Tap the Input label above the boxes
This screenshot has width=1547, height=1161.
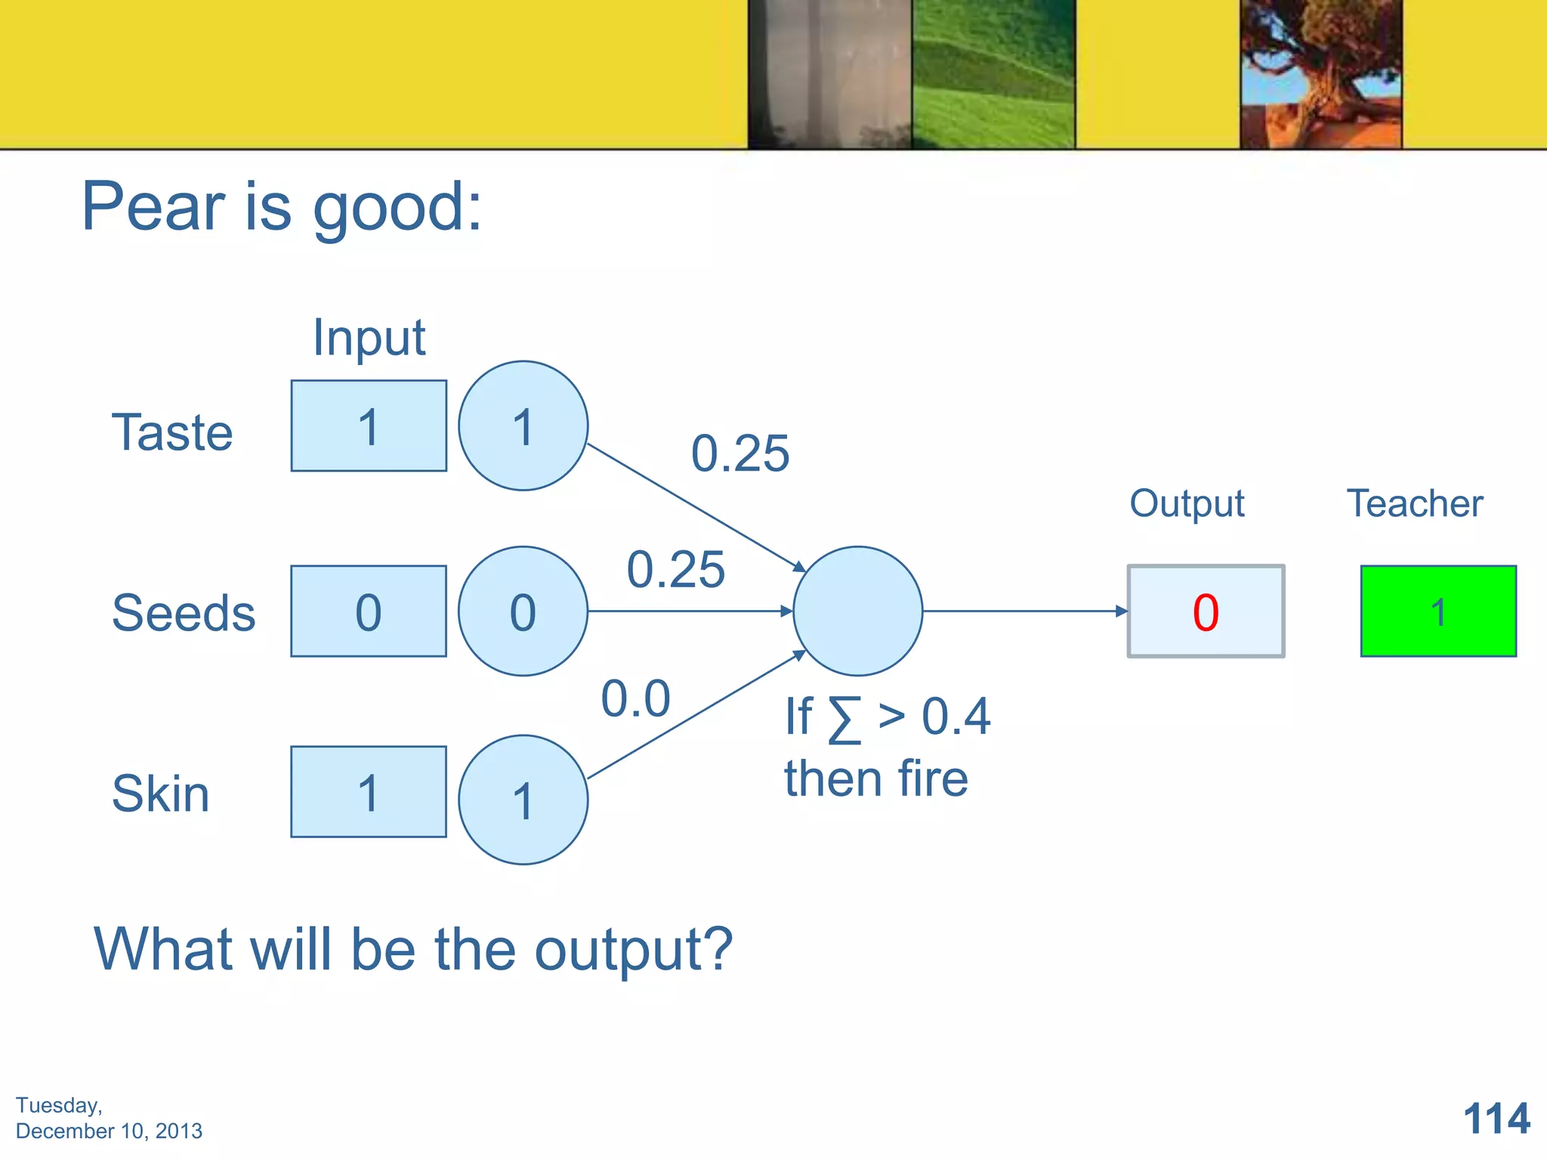pyautogui.click(x=369, y=337)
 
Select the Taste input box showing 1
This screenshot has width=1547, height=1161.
pyautogui.click(x=369, y=426)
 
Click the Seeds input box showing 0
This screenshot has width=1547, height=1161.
pyautogui.click(x=369, y=611)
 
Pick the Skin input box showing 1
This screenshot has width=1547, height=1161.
pyautogui.click(x=369, y=792)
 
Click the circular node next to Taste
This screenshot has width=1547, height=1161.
pyautogui.click(x=523, y=426)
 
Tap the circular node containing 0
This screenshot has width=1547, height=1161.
pyautogui.click(x=523, y=611)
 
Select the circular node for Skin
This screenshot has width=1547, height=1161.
pyautogui.click(x=523, y=800)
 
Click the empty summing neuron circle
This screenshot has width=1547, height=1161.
pyautogui.click(x=857, y=611)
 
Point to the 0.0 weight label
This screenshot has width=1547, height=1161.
pyautogui.click(x=635, y=698)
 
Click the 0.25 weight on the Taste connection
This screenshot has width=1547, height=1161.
pyautogui.click(x=740, y=454)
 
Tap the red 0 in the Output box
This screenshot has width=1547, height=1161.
pyautogui.click(x=1206, y=612)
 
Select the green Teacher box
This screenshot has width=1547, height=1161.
pyautogui.click(x=1438, y=611)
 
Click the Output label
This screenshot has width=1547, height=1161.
pyautogui.click(x=1187, y=503)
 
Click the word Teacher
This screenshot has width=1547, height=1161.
pyautogui.click(x=1415, y=503)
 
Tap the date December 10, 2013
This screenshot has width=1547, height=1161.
pyautogui.click(x=109, y=1131)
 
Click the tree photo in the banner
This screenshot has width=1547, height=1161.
pyautogui.click(x=1320, y=73)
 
